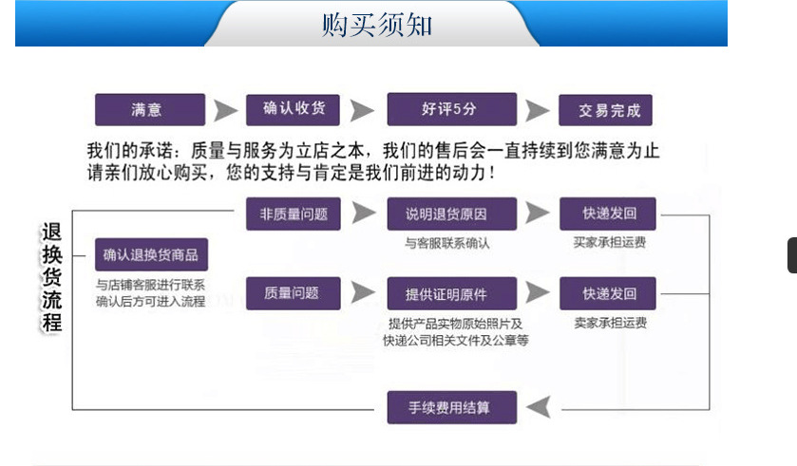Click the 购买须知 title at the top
[x=377, y=25]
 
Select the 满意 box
[x=150, y=110]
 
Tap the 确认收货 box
[x=294, y=109]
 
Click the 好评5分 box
[x=451, y=109]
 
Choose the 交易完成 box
[x=610, y=110]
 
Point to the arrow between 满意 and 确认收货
[x=225, y=110]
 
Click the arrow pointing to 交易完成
[x=538, y=110]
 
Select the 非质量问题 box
[x=294, y=214]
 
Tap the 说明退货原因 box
[x=451, y=214]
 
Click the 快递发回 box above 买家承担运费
[x=610, y=214]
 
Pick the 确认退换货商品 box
[x=151, y=255]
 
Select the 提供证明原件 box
[x=451, y=292]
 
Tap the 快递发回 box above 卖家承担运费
[x=610, y=292]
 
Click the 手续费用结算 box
[x=451, y=407]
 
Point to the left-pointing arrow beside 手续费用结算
[x=538, y=407]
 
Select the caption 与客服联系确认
[x=446, y=243]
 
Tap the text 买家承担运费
[x=610, y=242]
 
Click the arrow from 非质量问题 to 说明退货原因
[x=363, y=214]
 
